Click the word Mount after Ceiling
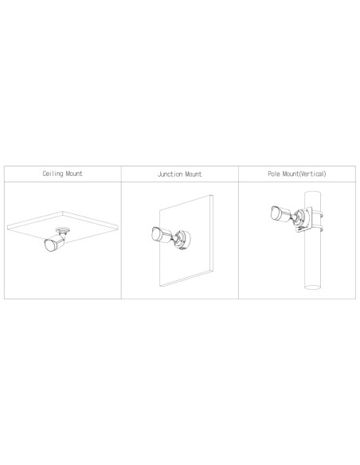click(x=74, y=174)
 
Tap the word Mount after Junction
click(x=194, y=174)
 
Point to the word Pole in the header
click(x=274, y=174)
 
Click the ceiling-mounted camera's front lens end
click(x=50, y=245)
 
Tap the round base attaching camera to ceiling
click(x=64, y=230)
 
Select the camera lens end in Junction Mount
click(x=156, y=234)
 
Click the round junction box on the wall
click(x=183, y=240)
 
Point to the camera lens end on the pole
click(x=276, y=213)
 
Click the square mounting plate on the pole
click(x=305, y=219)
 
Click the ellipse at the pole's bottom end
click(x=312, y=287)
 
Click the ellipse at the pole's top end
click(x=312, y=193)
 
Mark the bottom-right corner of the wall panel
click(x=213, y=270)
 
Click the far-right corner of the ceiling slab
click(x=118, y=225)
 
